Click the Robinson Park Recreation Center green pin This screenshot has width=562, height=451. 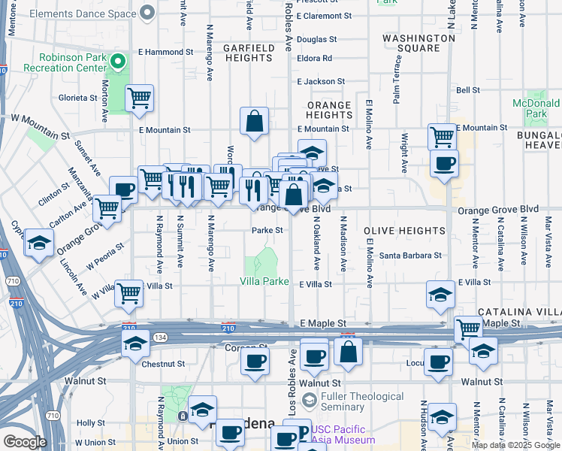click(x=116, y=61)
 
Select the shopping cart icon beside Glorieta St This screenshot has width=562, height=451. click(x=139, y=98)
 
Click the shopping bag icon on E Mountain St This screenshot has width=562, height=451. click(x=255, y=120)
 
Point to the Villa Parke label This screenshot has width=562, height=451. click(x=264, y=281)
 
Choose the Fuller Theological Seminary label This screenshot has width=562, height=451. click(x=361, y=401)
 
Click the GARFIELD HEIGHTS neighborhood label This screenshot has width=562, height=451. click(x=249, y=53)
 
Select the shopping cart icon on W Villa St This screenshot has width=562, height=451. click(x=129, y=292)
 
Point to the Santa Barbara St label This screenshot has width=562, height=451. click(x=410, y=256)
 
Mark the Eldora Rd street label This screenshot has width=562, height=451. click(x=314, y=58)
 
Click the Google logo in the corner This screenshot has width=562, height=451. click(x=25, y=442)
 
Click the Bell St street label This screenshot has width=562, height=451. click(x=467, y=90)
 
